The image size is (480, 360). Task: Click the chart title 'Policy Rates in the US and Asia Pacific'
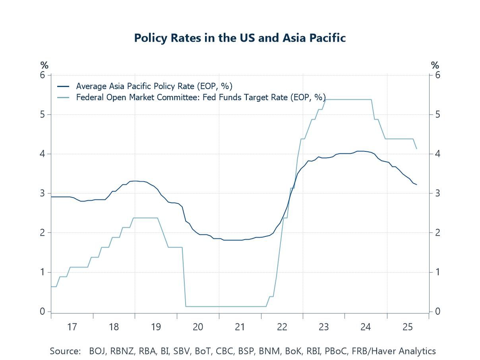tap(240, 38)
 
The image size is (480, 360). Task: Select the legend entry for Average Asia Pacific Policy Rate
tap(154, 86)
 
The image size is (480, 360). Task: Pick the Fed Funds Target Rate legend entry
tap(201, 97)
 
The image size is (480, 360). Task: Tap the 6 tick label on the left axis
tap(43, 75)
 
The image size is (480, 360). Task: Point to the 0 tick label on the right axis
tap(437, 312)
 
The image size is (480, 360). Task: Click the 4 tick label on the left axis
tap(43, 154)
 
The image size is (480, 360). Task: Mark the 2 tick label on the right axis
tap(437, 233)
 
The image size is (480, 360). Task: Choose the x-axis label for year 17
tap(72, 327)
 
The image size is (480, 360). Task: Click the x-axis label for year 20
tap(198, 327)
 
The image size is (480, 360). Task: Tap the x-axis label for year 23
tap(324, 327)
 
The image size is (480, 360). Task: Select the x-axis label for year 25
tap(408, 327)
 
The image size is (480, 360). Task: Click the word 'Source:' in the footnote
tap(65, 351)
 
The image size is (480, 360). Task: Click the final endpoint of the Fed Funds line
tap(416, 149)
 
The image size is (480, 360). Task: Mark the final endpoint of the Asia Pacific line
tap(416, 185)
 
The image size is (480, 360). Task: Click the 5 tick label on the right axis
tap(437, 115)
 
